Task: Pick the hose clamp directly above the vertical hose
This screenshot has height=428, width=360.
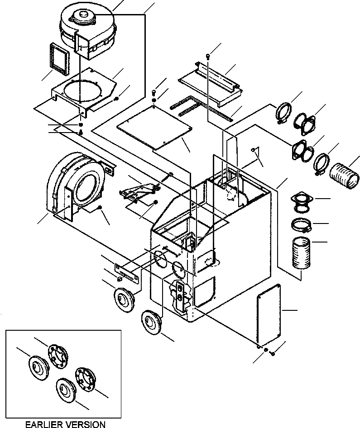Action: click(x=300, y=225)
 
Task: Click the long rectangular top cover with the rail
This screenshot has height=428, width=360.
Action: click(x=209, y=82)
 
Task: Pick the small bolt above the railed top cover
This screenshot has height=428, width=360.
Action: click(x=208, y=56)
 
